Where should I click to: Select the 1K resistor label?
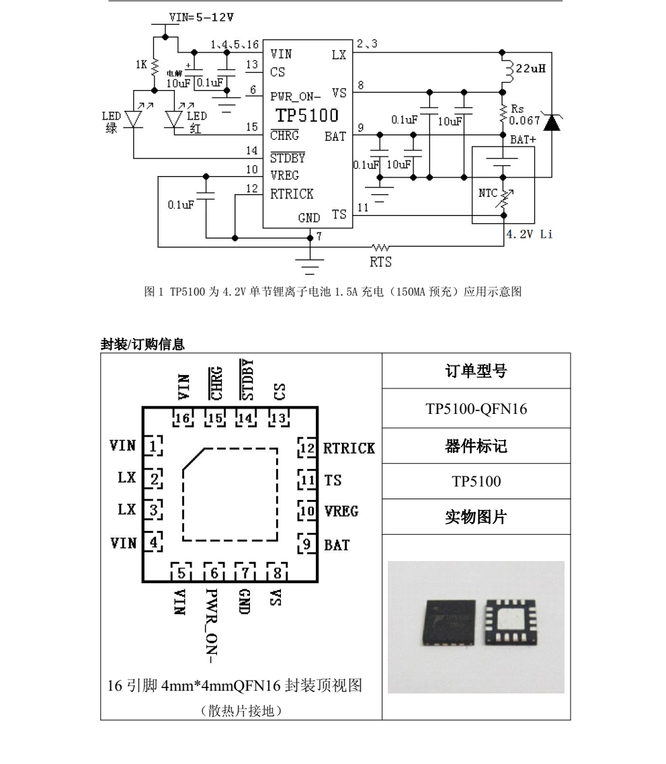pos(141,65)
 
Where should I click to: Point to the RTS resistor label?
pos(380,262)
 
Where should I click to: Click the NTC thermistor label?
pos(488,194)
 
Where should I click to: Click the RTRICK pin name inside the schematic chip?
pos(292,194)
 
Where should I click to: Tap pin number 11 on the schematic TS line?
pos(363,208)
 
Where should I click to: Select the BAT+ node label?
pos(523,140)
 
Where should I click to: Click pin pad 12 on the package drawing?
pos(307,448)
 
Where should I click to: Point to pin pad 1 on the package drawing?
pos(154,445)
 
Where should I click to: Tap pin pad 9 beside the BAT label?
pos(307,544)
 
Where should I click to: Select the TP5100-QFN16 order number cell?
pos(476,409)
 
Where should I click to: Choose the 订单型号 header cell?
pos(476,371)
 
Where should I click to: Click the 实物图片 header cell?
pos(476,517)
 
